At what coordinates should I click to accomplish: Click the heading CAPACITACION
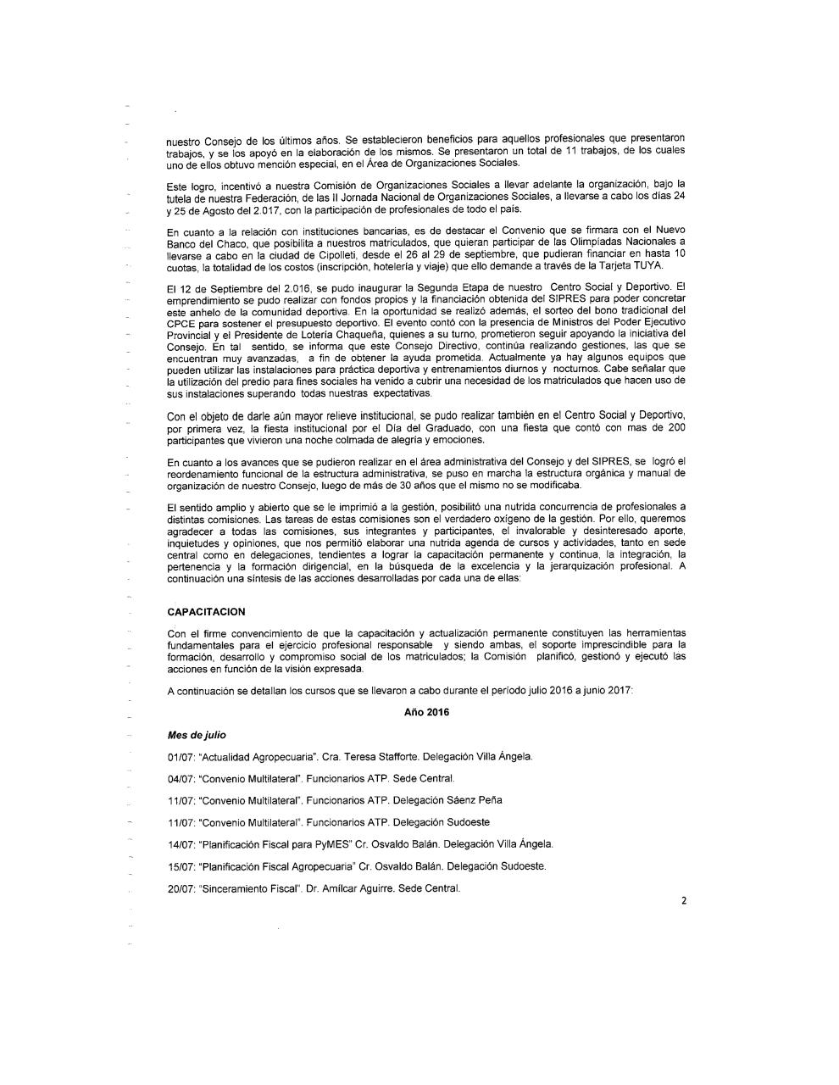click(x=206, y=611)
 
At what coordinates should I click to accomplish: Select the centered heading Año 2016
click(x=427, y=712)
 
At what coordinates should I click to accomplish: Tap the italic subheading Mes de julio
click(x=197, y=734)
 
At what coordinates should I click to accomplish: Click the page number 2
click(x=683, y=901)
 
